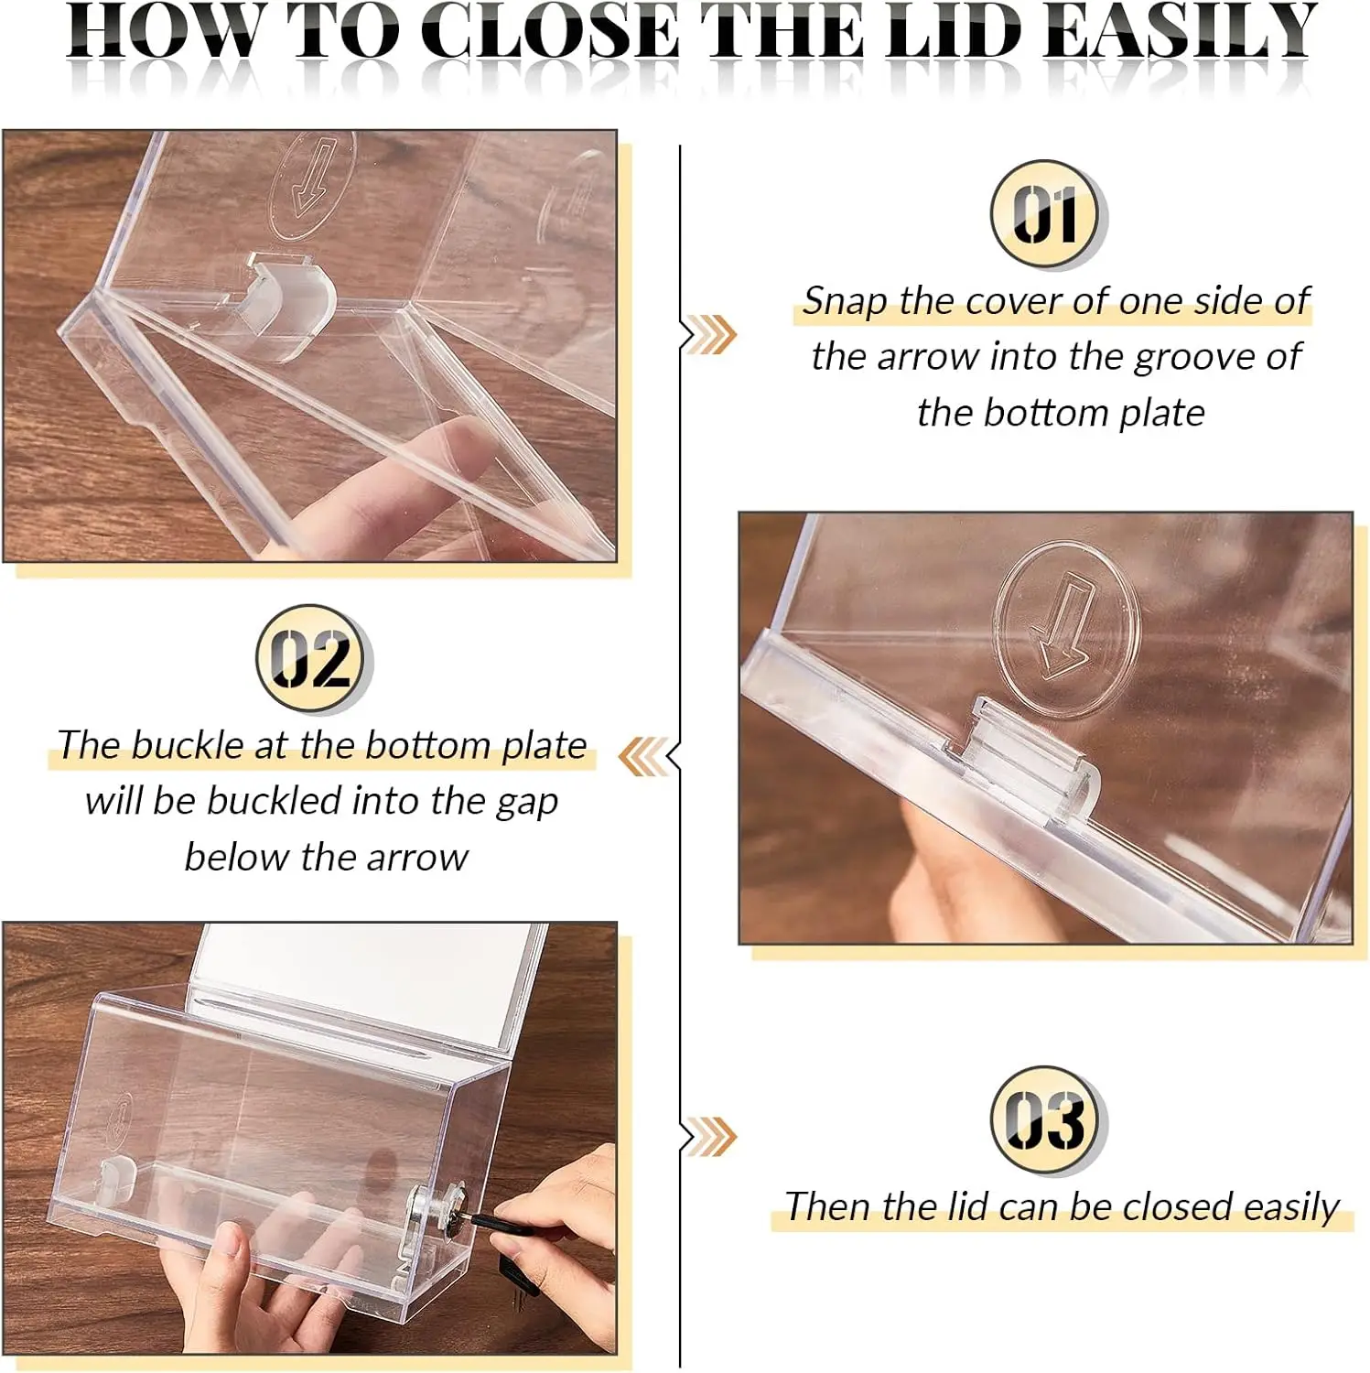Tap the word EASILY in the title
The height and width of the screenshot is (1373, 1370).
[x=1183, y=31]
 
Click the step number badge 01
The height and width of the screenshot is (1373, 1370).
[x=1049, y=214]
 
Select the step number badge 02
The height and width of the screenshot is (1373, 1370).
[x=314, y=659]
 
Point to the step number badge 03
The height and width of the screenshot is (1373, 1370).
[x=1049, y=1120]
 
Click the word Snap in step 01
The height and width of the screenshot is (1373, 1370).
[x=845, y=301]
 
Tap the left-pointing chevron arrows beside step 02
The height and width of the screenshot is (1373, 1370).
[x=644, y=757]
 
